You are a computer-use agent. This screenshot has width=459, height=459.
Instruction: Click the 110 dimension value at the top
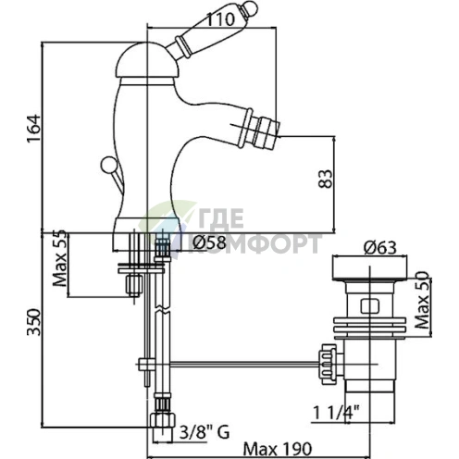click(220, 19)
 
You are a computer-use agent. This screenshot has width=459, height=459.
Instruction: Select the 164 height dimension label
click(33, 129)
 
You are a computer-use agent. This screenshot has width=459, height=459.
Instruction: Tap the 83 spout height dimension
click(326, 179)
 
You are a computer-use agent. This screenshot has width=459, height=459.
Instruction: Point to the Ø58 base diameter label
click(209, 242)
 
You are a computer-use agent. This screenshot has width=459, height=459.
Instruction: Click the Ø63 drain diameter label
click(380, 248)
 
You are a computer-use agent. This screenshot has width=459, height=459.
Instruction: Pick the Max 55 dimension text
click(60, 258)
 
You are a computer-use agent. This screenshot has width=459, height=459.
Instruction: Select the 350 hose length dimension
click(33, 322)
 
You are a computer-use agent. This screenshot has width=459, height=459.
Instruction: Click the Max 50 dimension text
click(422, 301)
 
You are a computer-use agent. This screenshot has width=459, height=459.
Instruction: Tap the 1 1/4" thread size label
click(336, 413)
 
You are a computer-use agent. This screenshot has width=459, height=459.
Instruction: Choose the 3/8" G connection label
click(205, 432)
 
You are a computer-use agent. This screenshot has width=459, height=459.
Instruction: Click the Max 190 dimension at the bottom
click(278, 449)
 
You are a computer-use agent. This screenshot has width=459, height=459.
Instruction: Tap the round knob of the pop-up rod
click(108, 164)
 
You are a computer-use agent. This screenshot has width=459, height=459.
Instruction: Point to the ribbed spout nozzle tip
click(267, 131)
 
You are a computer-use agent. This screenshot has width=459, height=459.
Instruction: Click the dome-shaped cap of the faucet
click(147, 60)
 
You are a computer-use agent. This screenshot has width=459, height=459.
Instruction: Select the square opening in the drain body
click(370, 307)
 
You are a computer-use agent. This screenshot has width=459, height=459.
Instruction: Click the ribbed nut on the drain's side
click(328, 365)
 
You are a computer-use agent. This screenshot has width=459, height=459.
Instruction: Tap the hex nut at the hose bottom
click(163, 420)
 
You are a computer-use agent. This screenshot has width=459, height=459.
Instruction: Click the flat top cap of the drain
click(369, 267)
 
